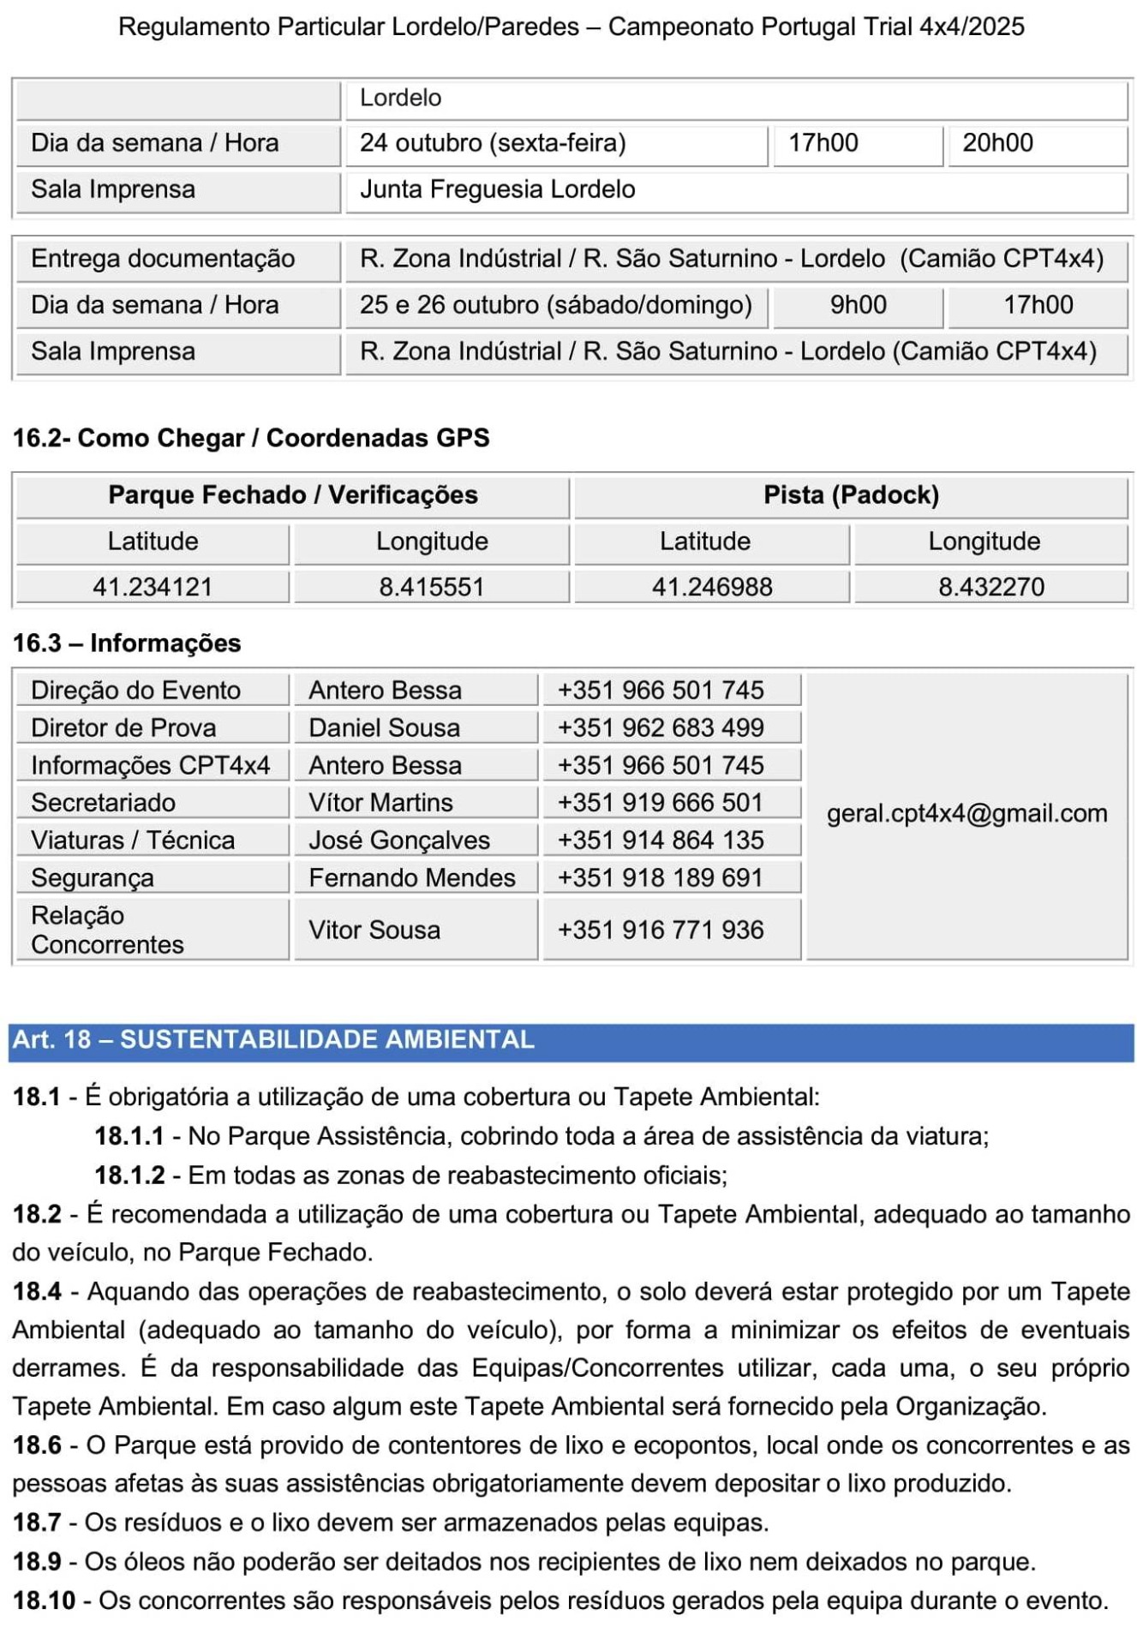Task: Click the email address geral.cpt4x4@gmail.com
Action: click(x=966, y=813)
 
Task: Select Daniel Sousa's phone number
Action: click(x=660, y=727)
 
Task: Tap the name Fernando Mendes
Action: click(x=411, y=877)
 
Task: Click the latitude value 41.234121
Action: click(x=153, y=587)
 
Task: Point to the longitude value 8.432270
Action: click(x=990, y=587)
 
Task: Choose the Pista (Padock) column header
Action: click(x=851, y=495)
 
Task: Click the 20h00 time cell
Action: click(x=997, y=143)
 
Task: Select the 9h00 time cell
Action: click(x=858, y=305)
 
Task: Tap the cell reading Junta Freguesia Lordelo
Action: click(x=497, y=189)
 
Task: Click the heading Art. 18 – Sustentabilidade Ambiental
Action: click(x=273, y=1039)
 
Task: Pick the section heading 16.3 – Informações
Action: click(x=127, y=643)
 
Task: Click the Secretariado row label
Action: click(x=103, y=803)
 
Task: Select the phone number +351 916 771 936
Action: click(x=660, y=930)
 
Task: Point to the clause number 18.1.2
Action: click(x=129, y=1175)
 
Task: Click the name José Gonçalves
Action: click(x=399, y=840)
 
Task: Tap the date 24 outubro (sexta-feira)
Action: click(x=493, y=143)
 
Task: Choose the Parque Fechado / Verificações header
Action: click(x=293, y=495)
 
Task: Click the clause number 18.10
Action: click(x=44, y=1600)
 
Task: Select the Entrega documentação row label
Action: click(x=163, y=259)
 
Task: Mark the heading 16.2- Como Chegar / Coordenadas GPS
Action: click(x=251, y=438)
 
